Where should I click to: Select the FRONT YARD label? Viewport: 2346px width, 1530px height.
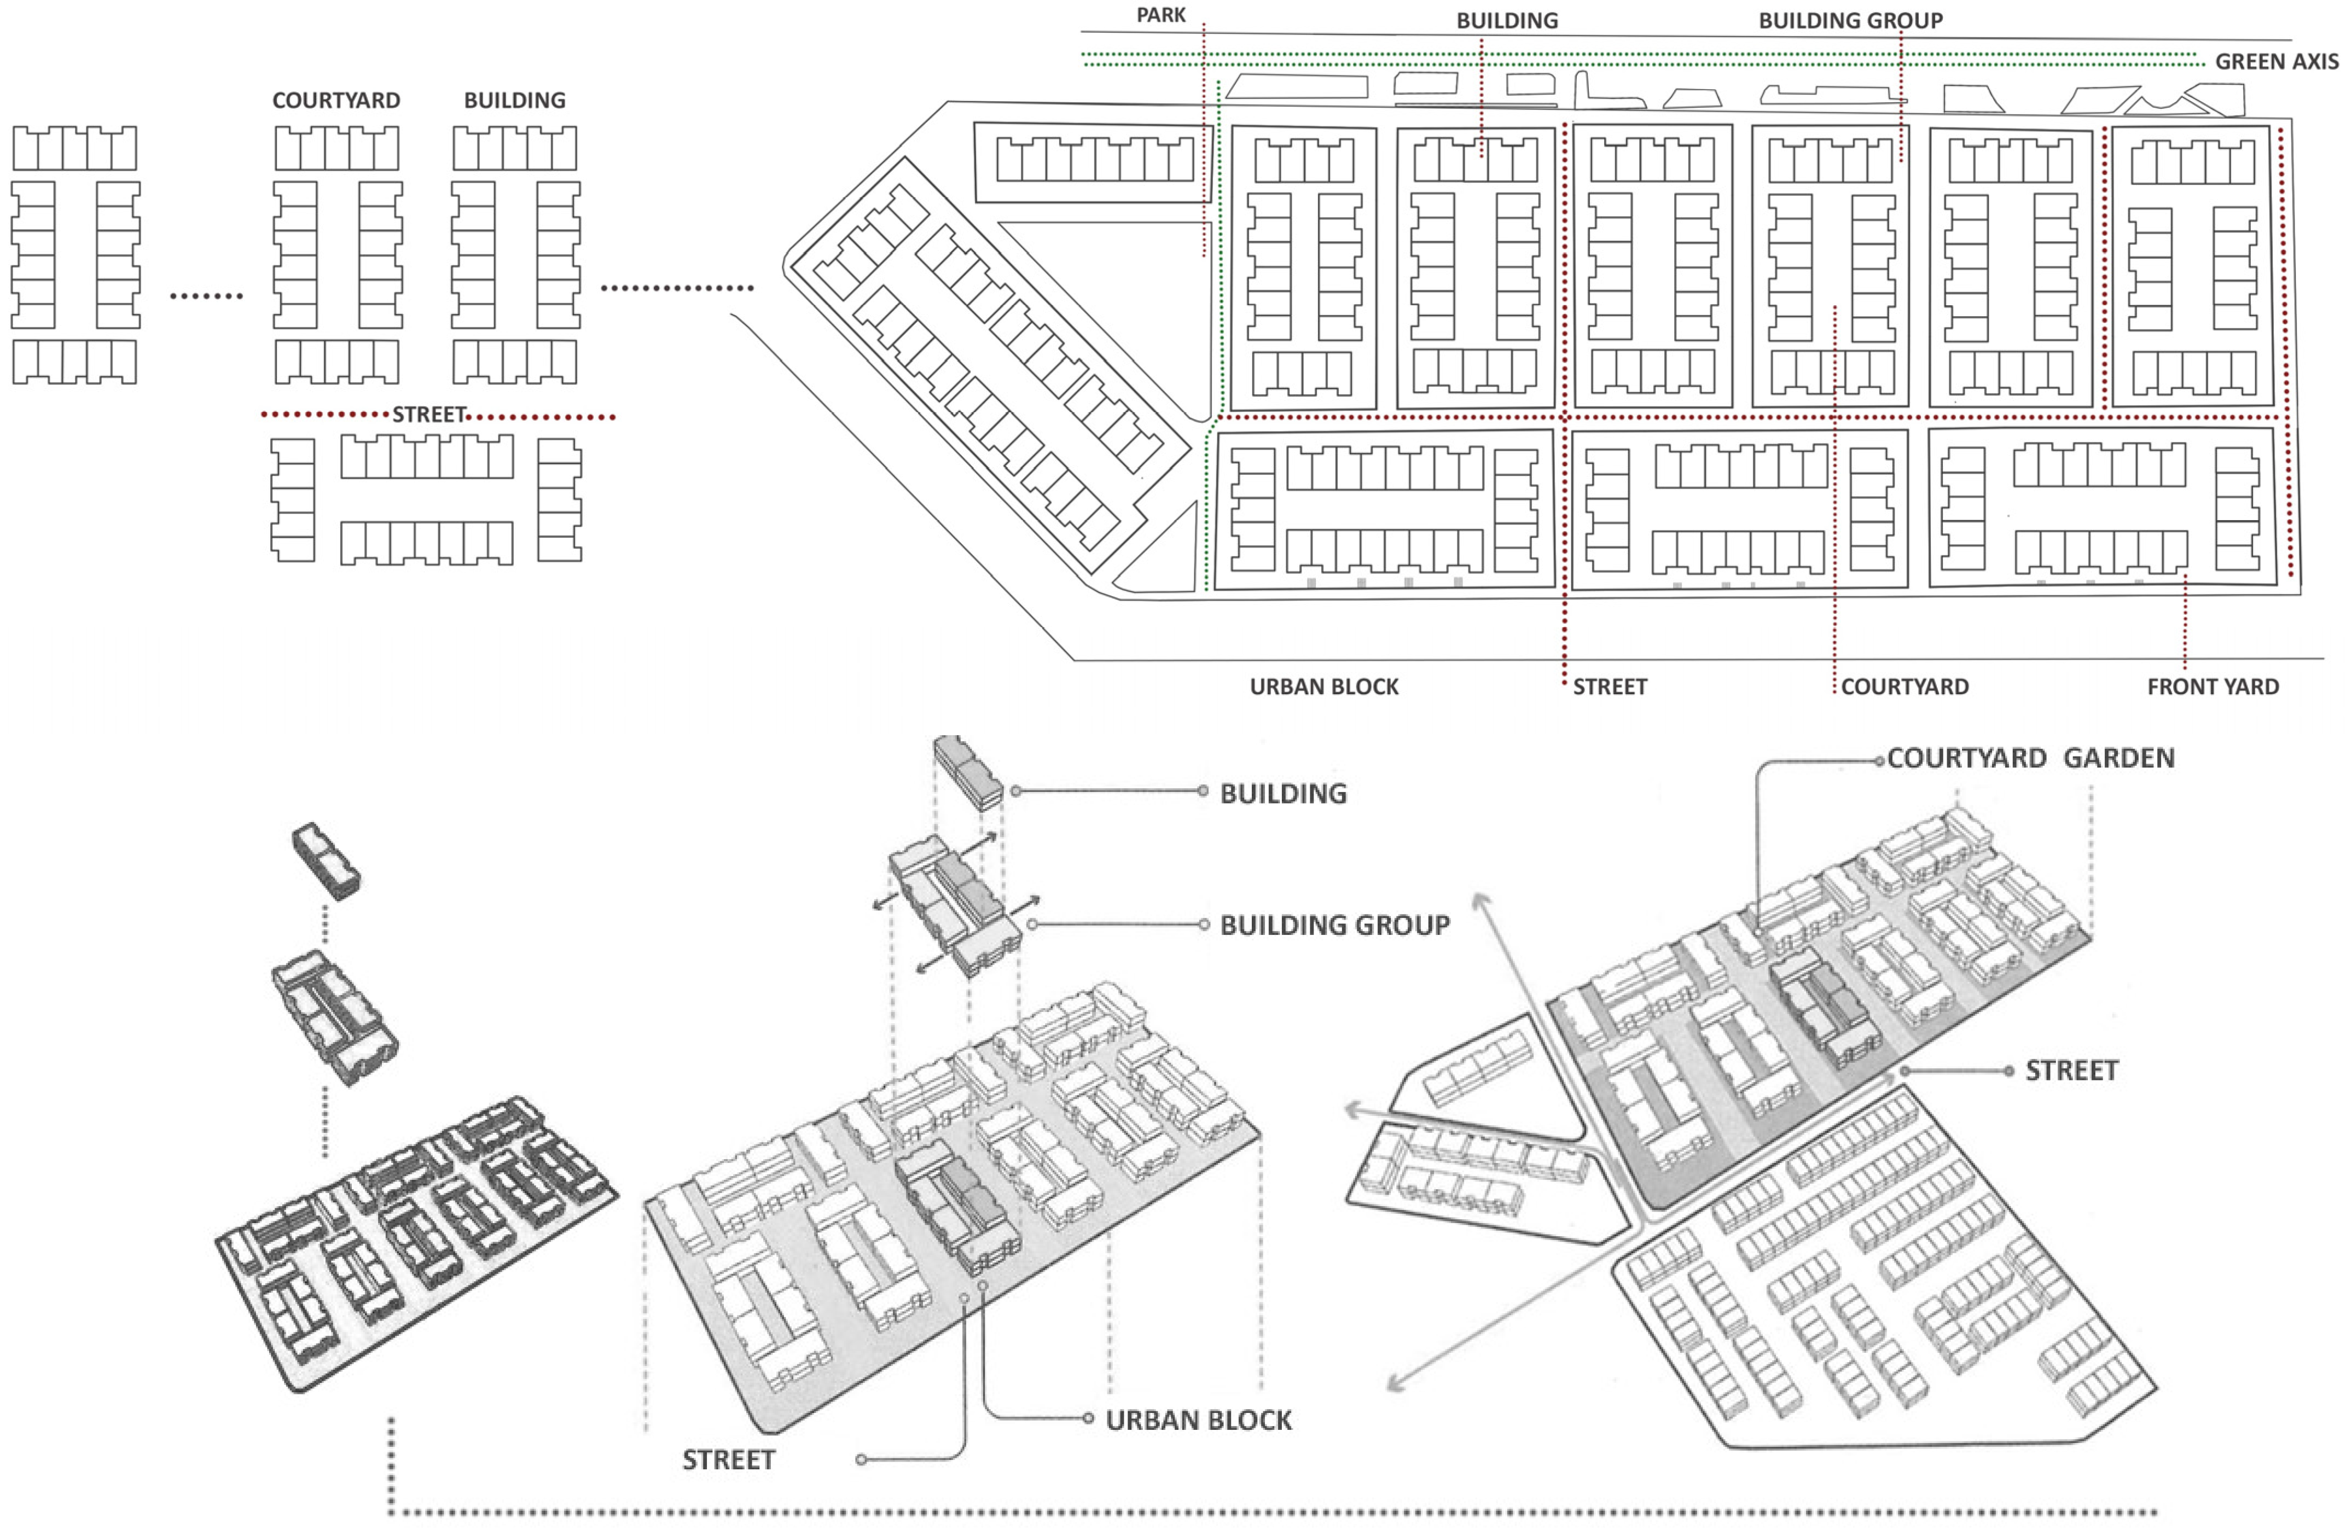2213,687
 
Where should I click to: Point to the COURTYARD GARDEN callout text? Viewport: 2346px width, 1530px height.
2030,758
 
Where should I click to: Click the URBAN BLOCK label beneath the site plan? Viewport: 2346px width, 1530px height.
1324,687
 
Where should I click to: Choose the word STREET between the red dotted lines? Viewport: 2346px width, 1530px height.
429,415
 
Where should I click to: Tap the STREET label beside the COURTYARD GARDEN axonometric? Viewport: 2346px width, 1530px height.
2071,1071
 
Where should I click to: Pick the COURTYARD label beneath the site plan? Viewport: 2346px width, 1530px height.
1904,687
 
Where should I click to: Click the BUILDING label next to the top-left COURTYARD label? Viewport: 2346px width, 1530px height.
514,101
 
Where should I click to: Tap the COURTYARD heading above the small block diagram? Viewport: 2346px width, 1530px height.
336,101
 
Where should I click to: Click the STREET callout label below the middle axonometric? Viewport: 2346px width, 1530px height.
728,1460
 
